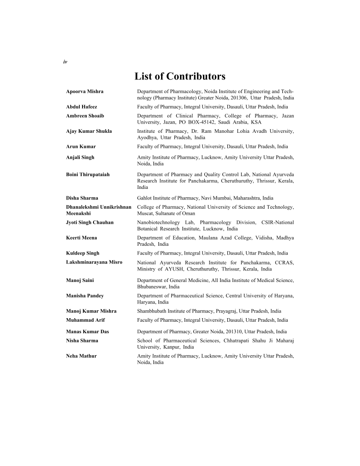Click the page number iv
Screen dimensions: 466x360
pyautogui.click(x=65, y=62)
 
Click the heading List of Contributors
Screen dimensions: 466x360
pyautogui.click(x=180, y=77)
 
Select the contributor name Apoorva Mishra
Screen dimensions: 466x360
pyautogui.click(x=85, y=91)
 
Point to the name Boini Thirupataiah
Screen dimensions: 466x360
pyautogui.click(x=88, y=174)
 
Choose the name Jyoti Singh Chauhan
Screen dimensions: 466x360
pyautogui.click(x=90, y=222)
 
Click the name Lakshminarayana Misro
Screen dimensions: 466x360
pyautogui.click(x=94, y=263)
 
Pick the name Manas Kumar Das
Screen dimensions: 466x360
pyautogui.click(x=87, y=331)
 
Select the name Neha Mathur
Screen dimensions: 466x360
pyautogui.click(x=81, y=356)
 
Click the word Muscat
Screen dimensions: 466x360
pyautogui.click(x=145, y=214)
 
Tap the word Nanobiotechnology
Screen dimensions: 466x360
pyautogui.click(x=158, y=222)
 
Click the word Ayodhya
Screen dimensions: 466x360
pyautogui.click(x=147, y=138)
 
